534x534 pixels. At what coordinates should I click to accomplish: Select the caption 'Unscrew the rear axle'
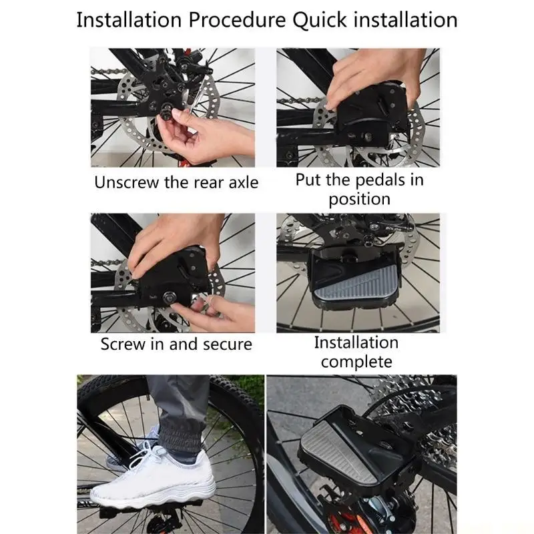click(x=176, y=182)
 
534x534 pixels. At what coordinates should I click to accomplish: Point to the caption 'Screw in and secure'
click(x=176, y=344)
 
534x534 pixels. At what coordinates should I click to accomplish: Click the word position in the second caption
click(x=359, y=199)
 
